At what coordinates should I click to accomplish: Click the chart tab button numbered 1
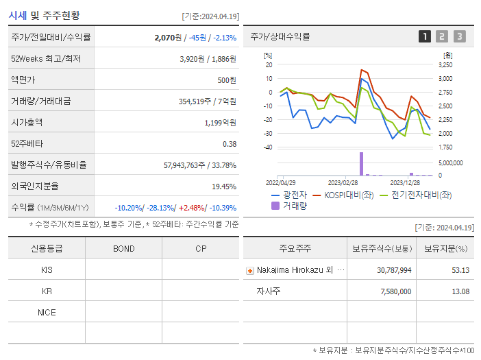tap(425, 36)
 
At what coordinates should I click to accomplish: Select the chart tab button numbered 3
tap(459, 36)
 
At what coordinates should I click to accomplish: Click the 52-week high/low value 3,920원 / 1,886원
tap(208, 59)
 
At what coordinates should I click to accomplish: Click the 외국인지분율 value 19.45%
tap(223, 187)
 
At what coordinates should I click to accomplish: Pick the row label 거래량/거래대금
tap(41, 101)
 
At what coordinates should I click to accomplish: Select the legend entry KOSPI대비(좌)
tap(346, 195)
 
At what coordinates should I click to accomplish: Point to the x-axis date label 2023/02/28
tap(343, 183)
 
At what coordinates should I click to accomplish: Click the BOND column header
tap(123, 248)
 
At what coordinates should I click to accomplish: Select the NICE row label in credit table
tap(47, 312)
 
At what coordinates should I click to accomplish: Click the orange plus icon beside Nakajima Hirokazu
tap(249, 270)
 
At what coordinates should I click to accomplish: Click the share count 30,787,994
tap(394, 270)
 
